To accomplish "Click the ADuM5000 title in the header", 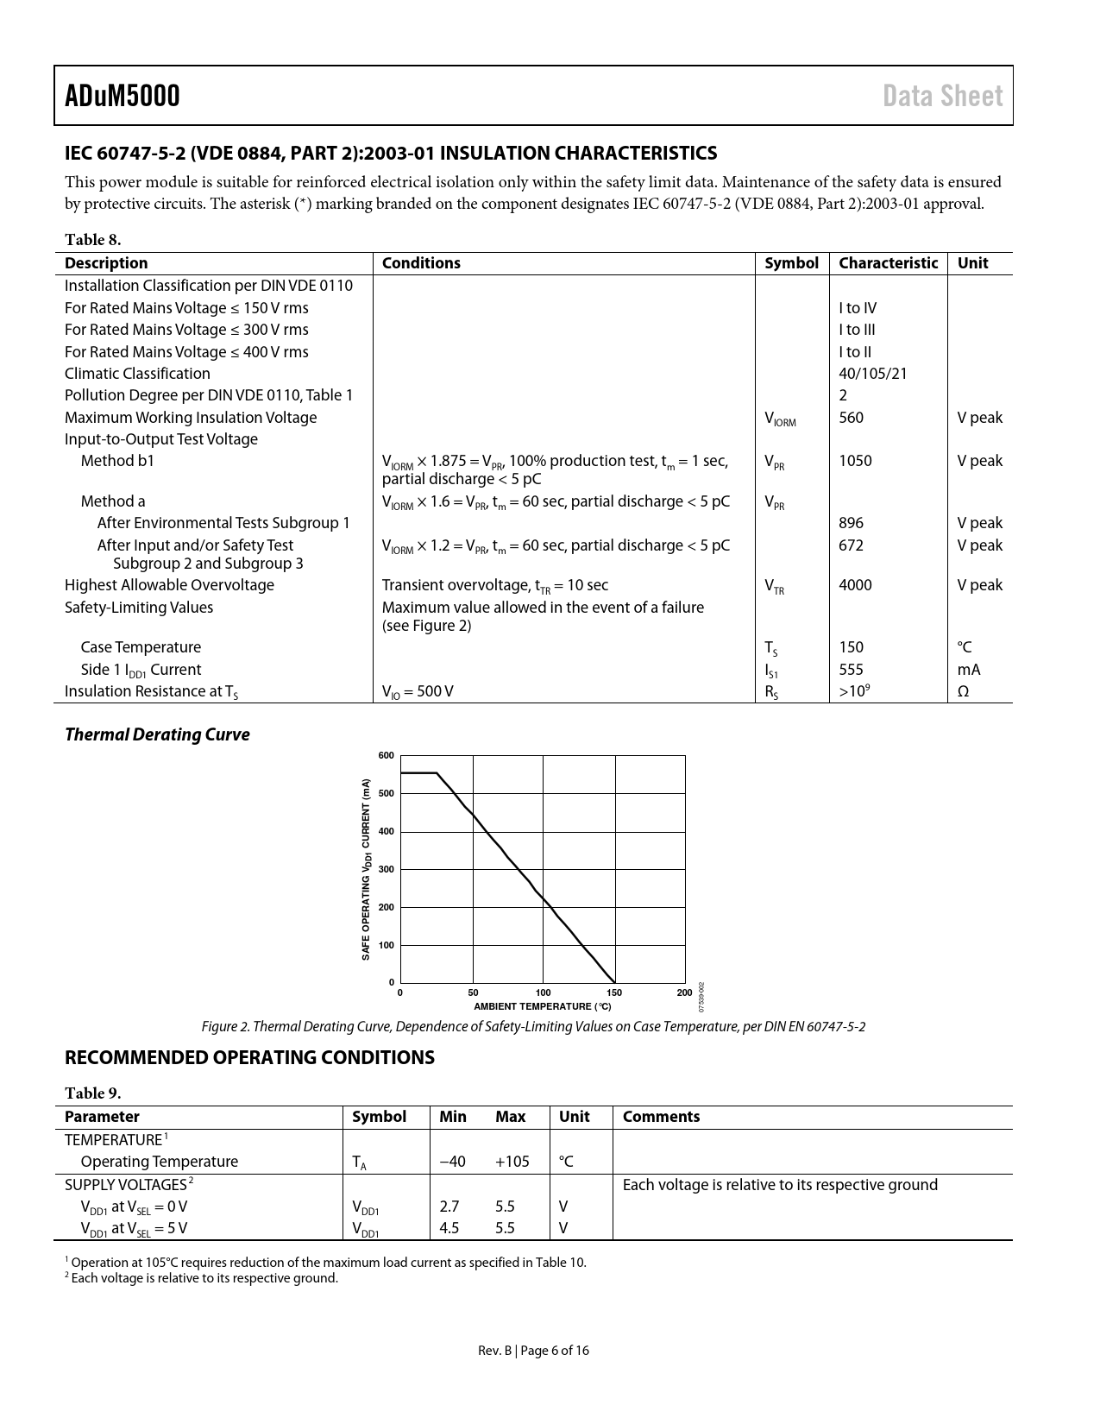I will (123, 96).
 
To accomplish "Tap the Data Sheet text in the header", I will (942, 96).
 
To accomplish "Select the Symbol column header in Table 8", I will (790, 263).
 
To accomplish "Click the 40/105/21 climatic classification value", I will (872, 374).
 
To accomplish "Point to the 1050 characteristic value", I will (855, 461).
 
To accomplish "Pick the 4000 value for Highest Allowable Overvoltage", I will (855, 585).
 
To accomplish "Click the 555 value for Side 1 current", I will (851, 670).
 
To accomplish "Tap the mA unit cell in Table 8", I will (968, 670).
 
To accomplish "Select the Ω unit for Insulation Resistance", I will (963, 691).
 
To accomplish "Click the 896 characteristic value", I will (851, 523).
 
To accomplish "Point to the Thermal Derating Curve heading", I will (157, 734).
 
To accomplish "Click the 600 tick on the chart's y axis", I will (386, 756).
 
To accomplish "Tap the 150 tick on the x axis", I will (614, 992).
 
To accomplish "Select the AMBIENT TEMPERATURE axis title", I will (542, 1006).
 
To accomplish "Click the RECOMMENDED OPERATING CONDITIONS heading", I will (249, 1057).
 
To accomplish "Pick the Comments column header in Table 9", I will (661, 1117).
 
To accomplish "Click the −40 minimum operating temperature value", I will (452, 1162).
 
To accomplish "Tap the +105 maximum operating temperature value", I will (512, 1162).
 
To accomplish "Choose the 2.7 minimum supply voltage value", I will (449, 1207).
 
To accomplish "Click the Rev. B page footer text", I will (533, 1351).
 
